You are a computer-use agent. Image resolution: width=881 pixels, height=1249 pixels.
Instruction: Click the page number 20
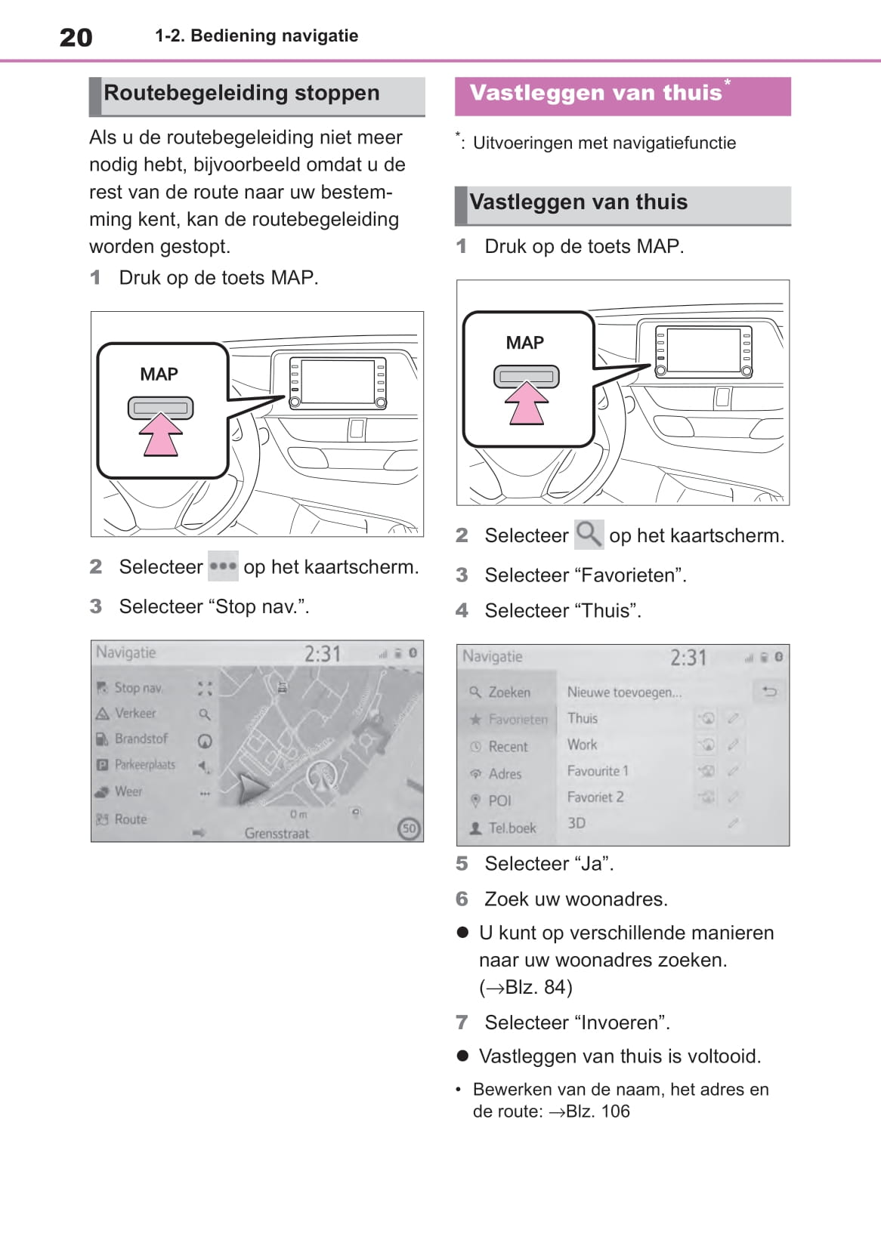(x=76, y=37)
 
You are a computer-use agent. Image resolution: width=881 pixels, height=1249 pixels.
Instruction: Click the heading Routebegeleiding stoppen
(x=241, y=93)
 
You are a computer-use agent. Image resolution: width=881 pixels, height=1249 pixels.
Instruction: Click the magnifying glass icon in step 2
(x=589, y=535)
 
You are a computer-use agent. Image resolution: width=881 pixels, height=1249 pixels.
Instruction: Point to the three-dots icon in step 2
(x=223, y=566)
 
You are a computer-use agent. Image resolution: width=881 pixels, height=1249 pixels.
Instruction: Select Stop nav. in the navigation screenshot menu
(x=138, y=688)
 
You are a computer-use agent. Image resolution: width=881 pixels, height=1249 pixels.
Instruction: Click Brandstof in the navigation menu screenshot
(x=141, y=739)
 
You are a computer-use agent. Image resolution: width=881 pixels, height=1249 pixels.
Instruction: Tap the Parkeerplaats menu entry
(x=144, y=764)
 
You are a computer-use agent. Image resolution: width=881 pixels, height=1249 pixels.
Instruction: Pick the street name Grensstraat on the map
(x=277, y=834)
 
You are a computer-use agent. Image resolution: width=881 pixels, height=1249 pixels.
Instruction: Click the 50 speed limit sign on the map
(x=409, y=828)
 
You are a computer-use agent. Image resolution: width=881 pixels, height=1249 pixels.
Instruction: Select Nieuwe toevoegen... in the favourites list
(x=624, y=692)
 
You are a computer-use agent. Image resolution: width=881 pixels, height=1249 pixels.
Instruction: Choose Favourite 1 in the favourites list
(x=598, y=771)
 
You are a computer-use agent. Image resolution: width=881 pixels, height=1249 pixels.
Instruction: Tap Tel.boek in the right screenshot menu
(x=512, y=828)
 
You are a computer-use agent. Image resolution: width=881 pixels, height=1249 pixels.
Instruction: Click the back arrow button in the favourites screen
(x=769, y=691)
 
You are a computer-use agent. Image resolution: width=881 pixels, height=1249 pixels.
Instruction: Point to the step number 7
(x=462, y=1022)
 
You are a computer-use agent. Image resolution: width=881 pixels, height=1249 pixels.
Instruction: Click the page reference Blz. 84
(x=538, y=987)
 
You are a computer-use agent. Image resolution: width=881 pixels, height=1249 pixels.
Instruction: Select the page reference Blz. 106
(x=598, y=1112)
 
